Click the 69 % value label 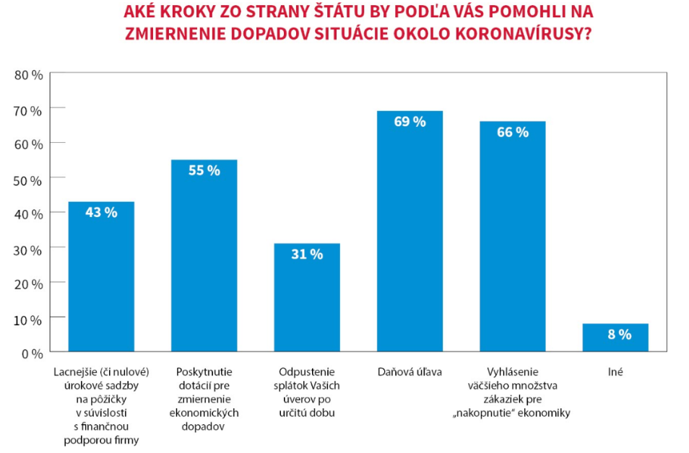(409, 122)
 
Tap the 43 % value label (101, 212)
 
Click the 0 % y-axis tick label (32, 353)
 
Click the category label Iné (615, 372)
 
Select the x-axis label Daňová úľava (409, 372)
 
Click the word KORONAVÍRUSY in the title (534, 33)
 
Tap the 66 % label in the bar (513, 132)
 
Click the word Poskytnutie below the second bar (204, 372)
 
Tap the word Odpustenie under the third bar (307, 372)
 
